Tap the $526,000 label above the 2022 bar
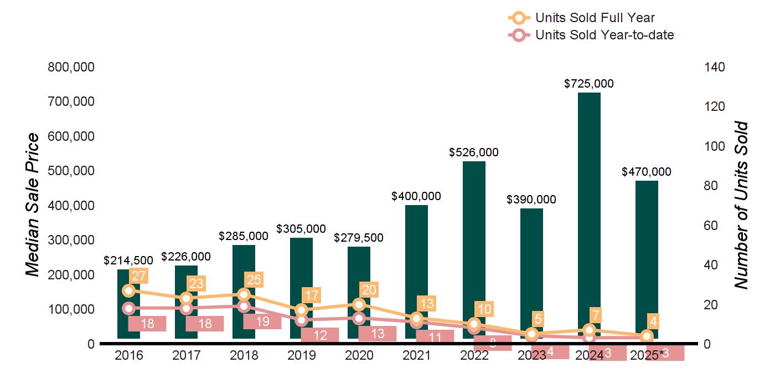[474, 152]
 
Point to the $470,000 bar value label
[647, 172]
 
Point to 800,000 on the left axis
[71, 68]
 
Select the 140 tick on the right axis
[715, 68]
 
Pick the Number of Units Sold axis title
[741, 205]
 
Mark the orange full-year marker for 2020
[359, 304]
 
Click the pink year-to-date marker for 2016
[129, 309]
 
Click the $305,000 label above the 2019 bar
[301, 228]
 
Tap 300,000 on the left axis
[71, 240]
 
